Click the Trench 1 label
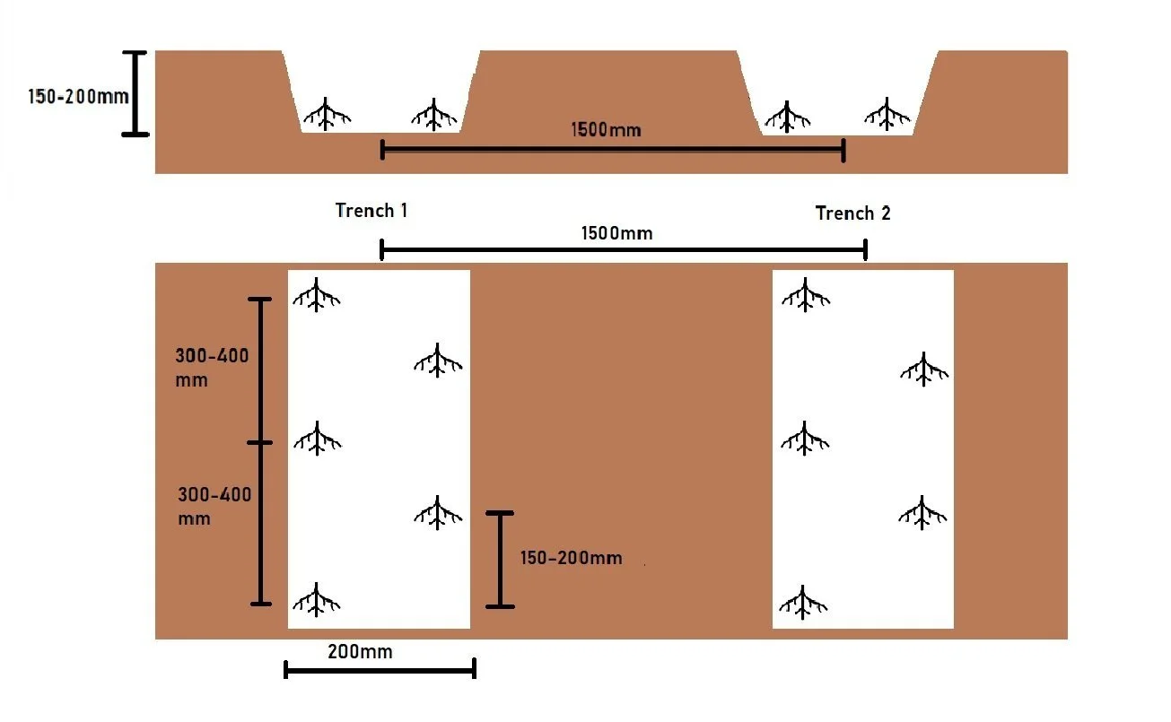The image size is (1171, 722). tap(371, 211)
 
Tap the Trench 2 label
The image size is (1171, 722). tap(852, 213)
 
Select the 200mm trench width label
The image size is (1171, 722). tap(360, 652)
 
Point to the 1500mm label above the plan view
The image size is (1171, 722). tap(616, 233)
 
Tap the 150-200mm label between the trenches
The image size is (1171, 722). tap(571, 558)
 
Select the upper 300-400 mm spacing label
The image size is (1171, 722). tap(211, 367)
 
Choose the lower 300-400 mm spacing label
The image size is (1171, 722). tap(214, 506)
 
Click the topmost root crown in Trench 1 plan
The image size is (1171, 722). tap(317, 294)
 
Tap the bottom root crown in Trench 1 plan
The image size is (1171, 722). tap(317, 600)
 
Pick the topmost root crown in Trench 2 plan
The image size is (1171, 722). tap(804, 294)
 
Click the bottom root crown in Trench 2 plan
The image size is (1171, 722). tap(803, 602)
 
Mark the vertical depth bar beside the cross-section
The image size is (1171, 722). tap(135, 93)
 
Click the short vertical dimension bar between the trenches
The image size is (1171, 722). tap(501, 560)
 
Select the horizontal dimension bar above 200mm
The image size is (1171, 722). tap(380, 669)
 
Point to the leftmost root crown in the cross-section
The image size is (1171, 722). tap(326, 115)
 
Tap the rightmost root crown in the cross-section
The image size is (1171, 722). tap(888, 114)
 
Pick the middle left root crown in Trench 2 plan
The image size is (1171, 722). tap(804, 439)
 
